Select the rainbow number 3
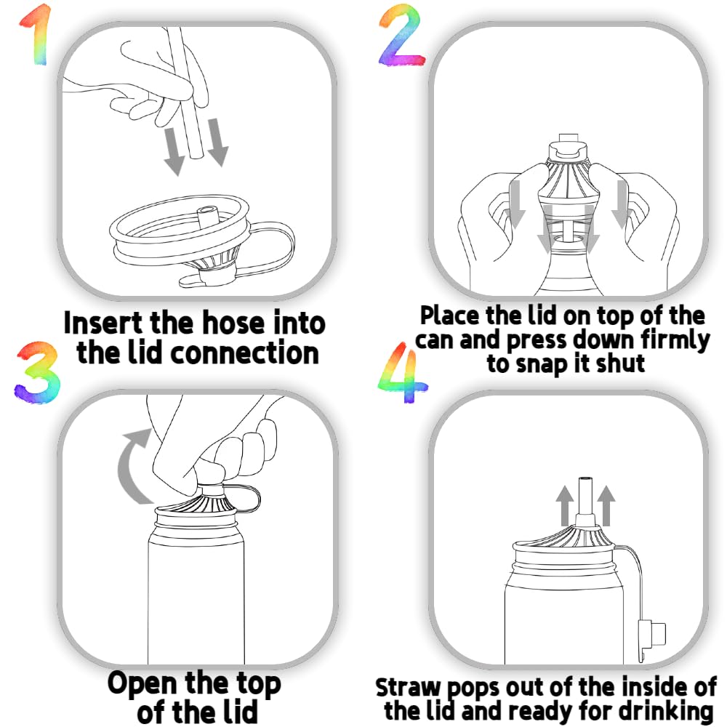pyautogui.click(x=37, y=373)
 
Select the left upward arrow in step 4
pyautogui.click(x=565, y=505)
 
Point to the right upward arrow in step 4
pyautogui.click(x=606, y=505)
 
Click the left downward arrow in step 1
pyautogui.click(x=174, y=152)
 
